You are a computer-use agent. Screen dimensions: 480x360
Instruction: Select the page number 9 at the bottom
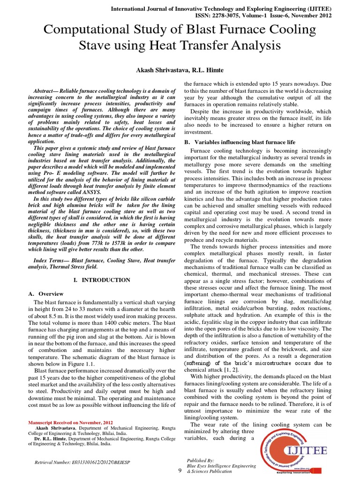coord(180,471)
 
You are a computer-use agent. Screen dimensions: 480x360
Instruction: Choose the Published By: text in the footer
coord(200,460)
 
